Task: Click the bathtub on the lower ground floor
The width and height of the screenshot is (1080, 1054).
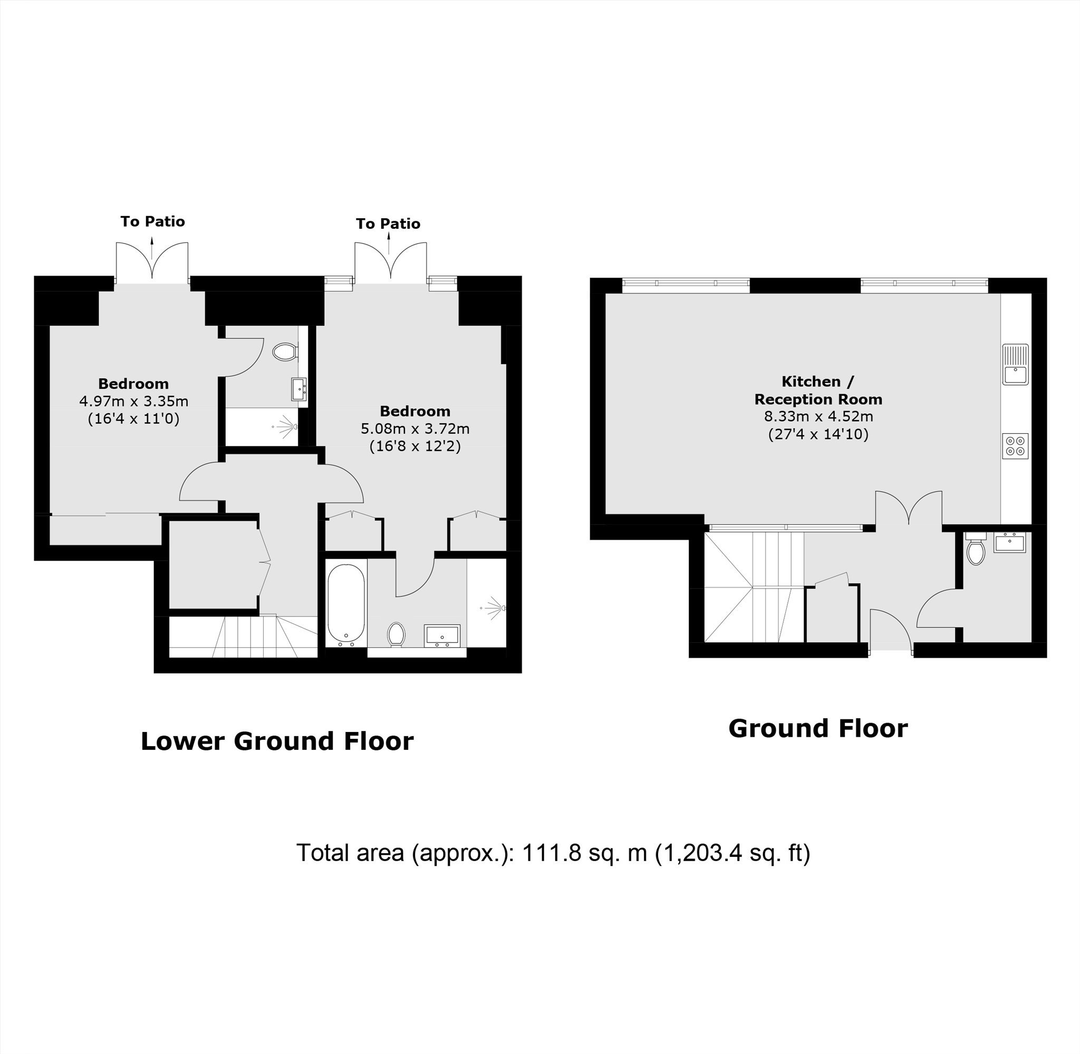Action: point(346,606)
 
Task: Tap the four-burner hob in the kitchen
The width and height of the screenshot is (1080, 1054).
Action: point(1015,446)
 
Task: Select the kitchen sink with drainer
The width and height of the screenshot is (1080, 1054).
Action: point(1015,364)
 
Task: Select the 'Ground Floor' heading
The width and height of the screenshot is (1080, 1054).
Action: point(818,728)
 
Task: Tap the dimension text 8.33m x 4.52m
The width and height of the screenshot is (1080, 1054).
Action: point(818,416)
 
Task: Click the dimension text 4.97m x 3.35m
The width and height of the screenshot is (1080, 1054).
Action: point(133,400)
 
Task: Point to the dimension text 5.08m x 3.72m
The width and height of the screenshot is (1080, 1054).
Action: point(415,428)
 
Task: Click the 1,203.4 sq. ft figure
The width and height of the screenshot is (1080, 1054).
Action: point(732,853)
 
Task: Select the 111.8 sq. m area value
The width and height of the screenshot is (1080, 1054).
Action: point(585,853)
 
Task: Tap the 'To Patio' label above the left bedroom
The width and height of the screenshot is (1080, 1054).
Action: point(153,221)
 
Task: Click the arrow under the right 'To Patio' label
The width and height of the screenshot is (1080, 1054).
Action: point(388,243)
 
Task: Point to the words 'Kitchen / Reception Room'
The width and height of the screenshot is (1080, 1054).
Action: point(818,391)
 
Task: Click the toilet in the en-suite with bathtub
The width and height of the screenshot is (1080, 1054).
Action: point(396,634)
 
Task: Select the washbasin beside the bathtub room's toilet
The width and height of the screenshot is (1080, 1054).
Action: point(442,636)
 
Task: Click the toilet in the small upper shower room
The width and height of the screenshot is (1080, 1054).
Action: point(286,352)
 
